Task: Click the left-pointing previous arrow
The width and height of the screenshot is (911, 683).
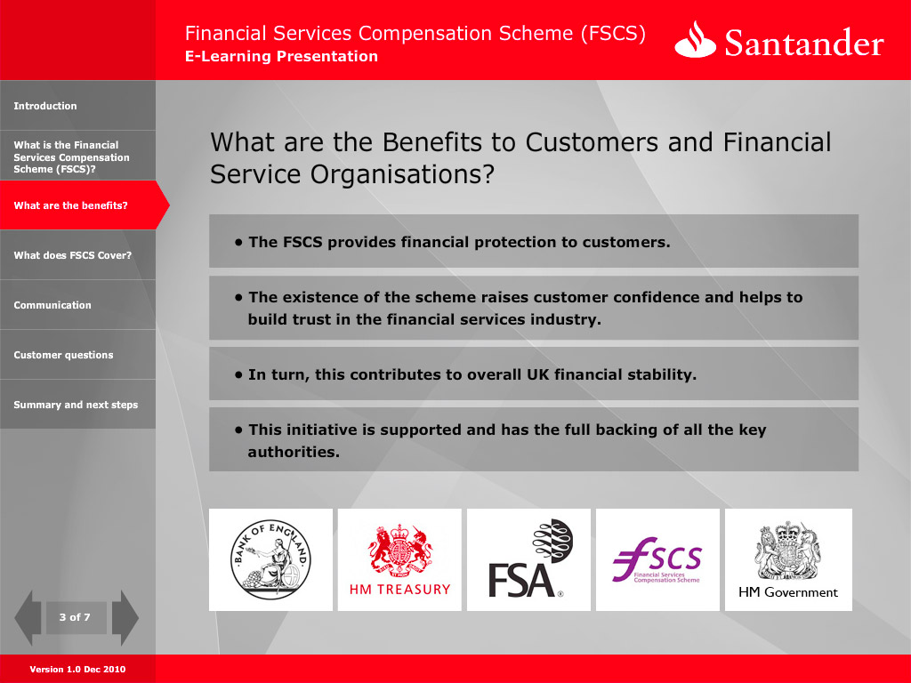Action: [28, 617]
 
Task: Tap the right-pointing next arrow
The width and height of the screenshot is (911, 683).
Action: [125, 617]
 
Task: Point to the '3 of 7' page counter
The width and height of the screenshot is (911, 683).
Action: [75, 617]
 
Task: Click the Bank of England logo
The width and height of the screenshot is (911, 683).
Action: [270, 560]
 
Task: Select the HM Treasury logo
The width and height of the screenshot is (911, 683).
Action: [399, 560]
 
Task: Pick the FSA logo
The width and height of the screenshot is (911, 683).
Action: [528, 560]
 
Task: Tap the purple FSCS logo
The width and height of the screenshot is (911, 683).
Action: [657, 560]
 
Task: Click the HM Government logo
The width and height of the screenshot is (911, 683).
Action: [788, 560]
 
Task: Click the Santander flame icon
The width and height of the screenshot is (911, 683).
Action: [695, 40]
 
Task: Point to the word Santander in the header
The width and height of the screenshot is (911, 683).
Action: [804, 43]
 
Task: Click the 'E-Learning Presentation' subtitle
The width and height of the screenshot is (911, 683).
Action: [281, 56]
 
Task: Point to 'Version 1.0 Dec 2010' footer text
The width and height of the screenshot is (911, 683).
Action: [77, 669]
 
